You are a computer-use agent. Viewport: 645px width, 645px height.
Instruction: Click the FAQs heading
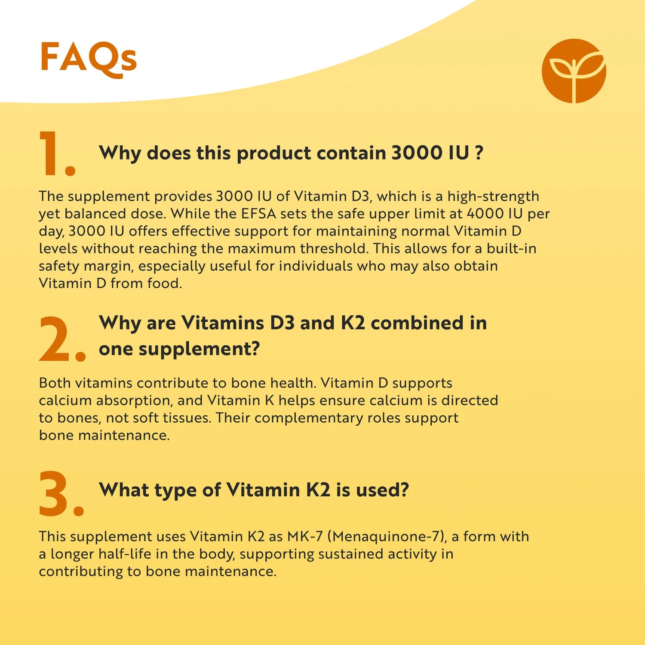click(88, 58)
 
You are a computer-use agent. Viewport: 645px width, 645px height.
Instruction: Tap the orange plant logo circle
click(574, 71)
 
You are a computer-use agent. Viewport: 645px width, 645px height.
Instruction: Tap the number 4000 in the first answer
click(485, 214)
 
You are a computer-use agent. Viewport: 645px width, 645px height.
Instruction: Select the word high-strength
click(493, 197)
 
